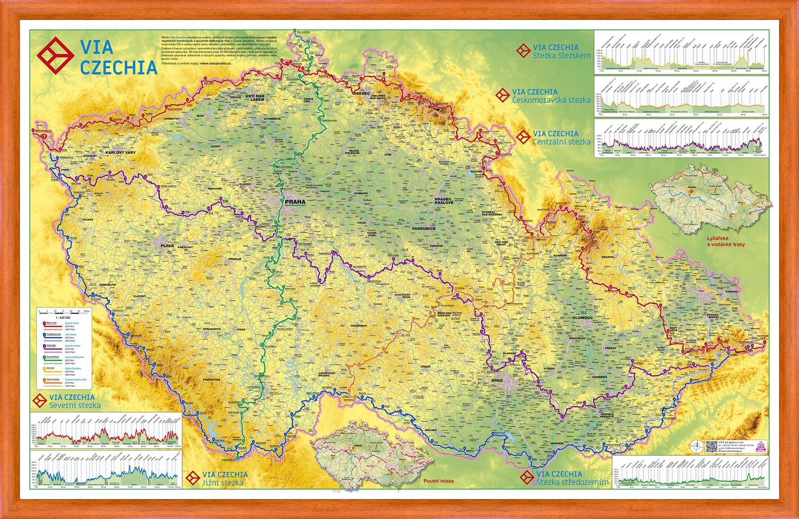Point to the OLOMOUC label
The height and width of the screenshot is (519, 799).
[x=583, y=318]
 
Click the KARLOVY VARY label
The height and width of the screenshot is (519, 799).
[x=120, y=152]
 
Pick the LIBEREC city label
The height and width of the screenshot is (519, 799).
[x=360, y=93]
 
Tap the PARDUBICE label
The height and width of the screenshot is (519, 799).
[x=424, y=229]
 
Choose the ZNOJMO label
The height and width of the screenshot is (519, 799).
[x=430, y=430]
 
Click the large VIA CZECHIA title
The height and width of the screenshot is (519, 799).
[x=118, y=56]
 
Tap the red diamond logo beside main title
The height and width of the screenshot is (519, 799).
[x=55, y=55]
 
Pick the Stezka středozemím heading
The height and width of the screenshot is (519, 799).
[x=572, y=482]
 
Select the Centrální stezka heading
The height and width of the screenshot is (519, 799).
[x=561, y=142]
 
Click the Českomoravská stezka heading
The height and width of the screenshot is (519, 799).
[x=551, y=100]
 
